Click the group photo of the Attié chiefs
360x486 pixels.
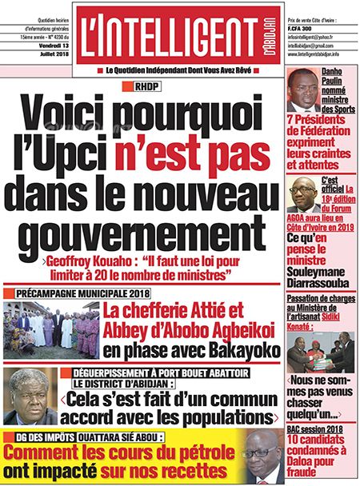coord(50,329)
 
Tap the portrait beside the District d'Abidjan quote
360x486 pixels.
coord(31,396)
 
